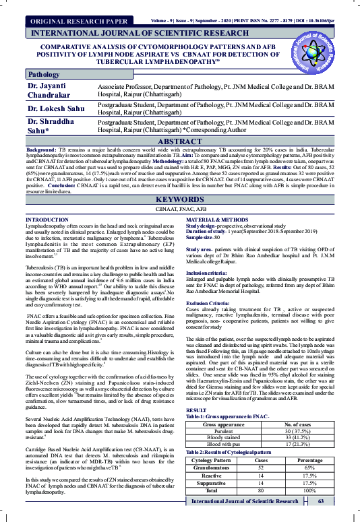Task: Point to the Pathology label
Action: (44, 74)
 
